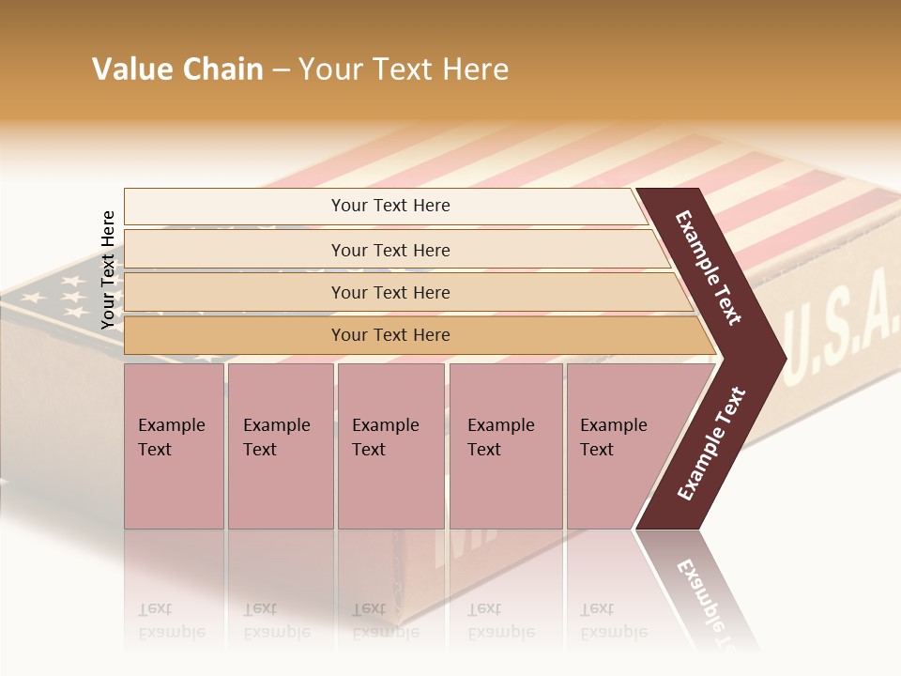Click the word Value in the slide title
click(130, 69)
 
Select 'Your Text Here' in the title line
click(404, 69)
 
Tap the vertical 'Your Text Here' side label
click(108, 269)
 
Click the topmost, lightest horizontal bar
click(389, 206)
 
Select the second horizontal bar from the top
click(389, 250)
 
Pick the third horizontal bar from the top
click(389, 292)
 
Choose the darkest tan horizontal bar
click(389, 335)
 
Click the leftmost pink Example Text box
click(173, 445)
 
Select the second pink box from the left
click(280, 445)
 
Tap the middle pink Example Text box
click(389, 445)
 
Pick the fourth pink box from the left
click(505, 445)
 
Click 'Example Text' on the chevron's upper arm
click(709, 268)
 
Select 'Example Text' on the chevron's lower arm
click(711, 444)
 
